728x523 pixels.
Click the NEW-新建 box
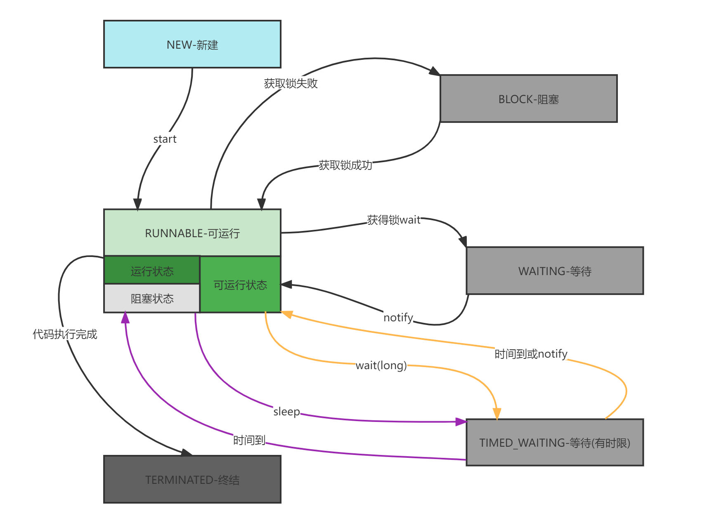pyautogui.click(x=192, y=45)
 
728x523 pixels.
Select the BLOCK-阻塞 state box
pyautogui.click(x=529, y=99)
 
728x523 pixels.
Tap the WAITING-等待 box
pyautogui.click(x=555, y=271)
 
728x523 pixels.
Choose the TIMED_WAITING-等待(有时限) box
pyautogui.click(x=555, y=443)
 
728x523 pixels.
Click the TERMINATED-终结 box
pyautogui.click(x=192, y=479)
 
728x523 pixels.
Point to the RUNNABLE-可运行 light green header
pyautogui.click(x=192, y=233)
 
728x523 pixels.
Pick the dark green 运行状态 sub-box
pyautogui.click(x=152, y=271)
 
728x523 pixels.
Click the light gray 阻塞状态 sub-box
pyautogui.click(x=152, y=298)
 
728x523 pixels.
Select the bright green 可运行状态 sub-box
pyautogui.click(x=240, y=285)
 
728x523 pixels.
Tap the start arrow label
pyautogui.click(x=165, y=139)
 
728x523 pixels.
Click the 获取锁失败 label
pyautogui.click(x=291, y=83)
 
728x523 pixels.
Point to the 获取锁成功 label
pyautogui.click(x=345, y=165)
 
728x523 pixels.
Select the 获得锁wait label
pyautogui.click(x=394, y=220)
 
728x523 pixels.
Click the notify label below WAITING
pyautogui.click(x=398, y=317)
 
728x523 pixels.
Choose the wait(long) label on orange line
pyautogui.click(x=381, y=365)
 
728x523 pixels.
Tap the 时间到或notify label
pyautogui.click(x=531, y=353)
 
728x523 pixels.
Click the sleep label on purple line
pyautogui.click(x=286, y=411)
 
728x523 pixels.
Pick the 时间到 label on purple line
pyautogui.click(x=249, y=440)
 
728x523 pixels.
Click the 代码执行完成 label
pyautogui.click(x=65, y=334)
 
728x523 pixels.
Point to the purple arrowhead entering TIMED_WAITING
pyautogui.click(x=461, y=422)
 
